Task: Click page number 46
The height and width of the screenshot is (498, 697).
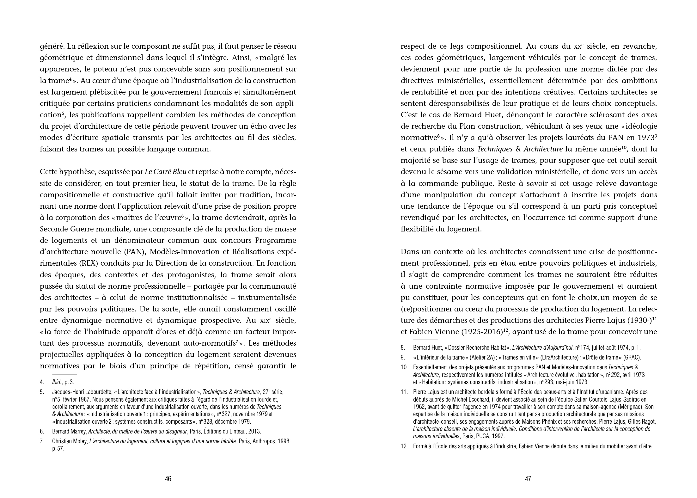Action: click(x=168, y=479)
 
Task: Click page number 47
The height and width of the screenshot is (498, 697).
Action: click(x=528, y=479)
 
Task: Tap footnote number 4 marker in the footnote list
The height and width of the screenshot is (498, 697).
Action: click(x=42, y=382)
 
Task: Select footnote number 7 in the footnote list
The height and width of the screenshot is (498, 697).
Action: click(x=42, y=441)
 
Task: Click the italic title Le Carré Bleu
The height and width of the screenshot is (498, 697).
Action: click(x=166, y=172)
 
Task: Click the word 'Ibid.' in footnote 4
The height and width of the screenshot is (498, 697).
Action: click(x=57, y=382)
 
